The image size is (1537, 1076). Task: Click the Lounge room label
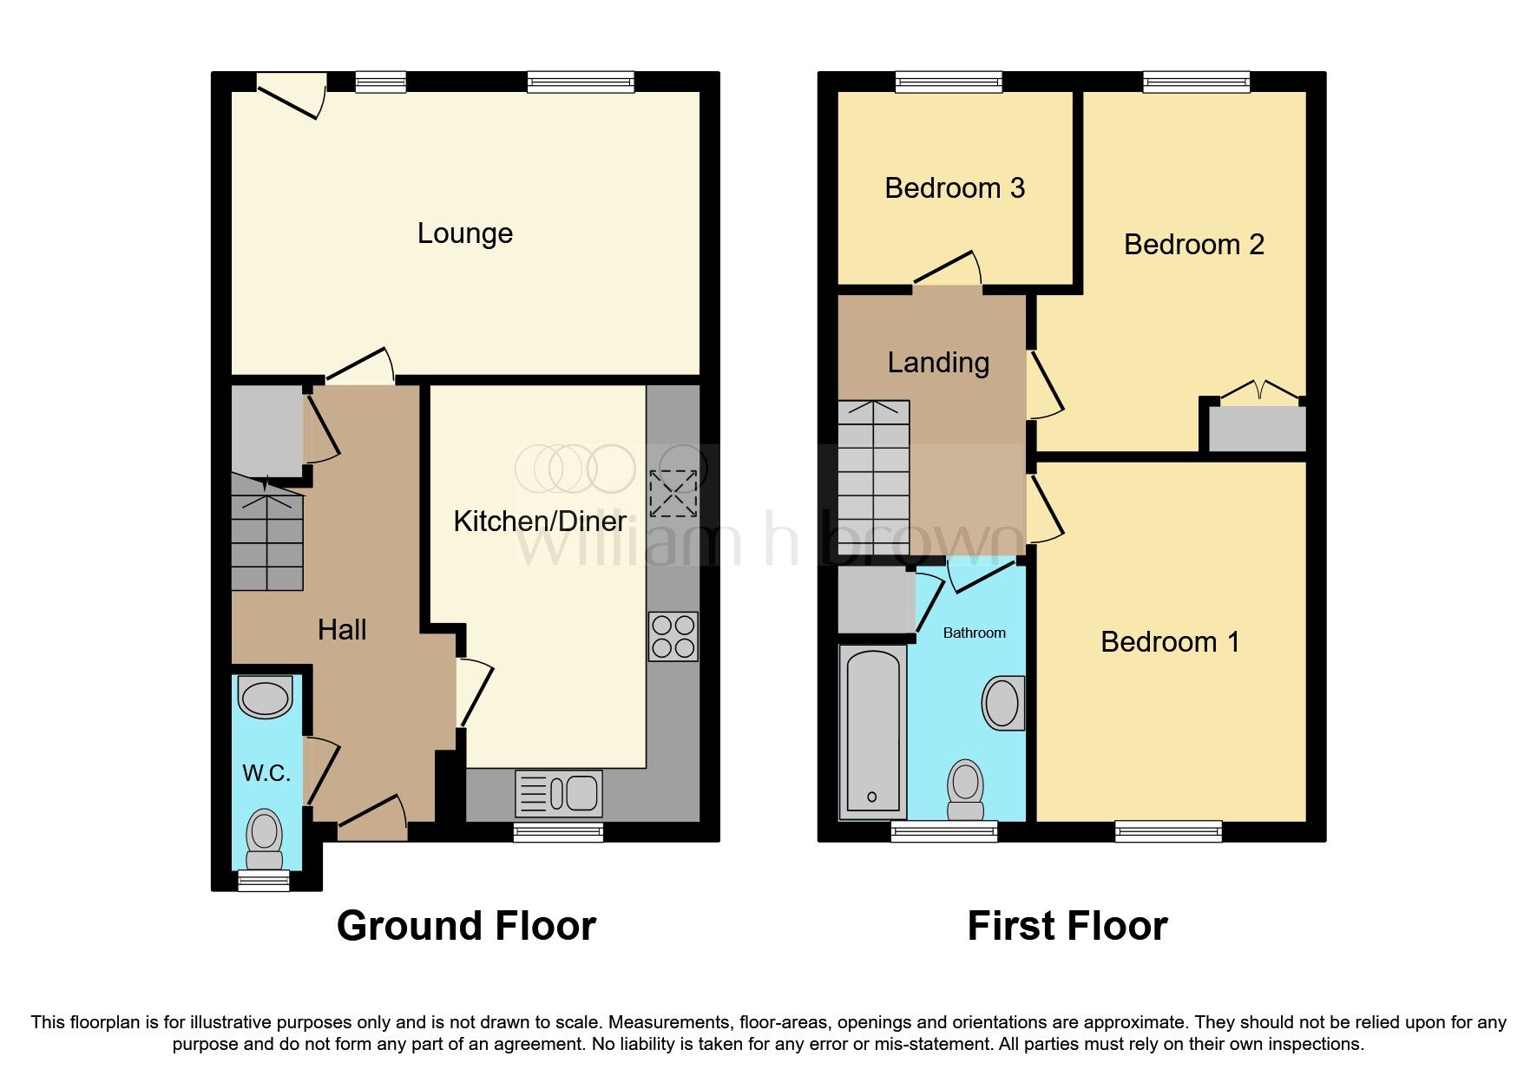(465, 233)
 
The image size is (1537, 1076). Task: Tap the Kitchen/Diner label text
(539, 522)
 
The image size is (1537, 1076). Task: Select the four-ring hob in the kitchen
(673, 637)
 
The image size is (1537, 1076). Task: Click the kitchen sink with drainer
(558, 793)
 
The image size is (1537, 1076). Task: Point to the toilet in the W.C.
(264, 838)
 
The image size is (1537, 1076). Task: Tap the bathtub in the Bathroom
(872, 732)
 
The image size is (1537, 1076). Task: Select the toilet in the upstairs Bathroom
(965, 789)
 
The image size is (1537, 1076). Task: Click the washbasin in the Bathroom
(1002, 703)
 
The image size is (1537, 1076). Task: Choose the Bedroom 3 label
(955, 188)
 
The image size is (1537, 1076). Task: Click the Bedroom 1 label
(1170, 642)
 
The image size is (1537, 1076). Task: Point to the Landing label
(938, 363)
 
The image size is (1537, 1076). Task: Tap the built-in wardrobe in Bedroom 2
(1257, 430)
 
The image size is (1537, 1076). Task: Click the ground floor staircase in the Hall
(267, 538)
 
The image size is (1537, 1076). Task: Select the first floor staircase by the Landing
(873, 477)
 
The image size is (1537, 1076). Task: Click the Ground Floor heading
(466, 926)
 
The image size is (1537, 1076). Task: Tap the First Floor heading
(1067, 926)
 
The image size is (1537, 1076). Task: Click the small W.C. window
(264, 881)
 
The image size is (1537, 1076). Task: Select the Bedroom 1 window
(1168, 831)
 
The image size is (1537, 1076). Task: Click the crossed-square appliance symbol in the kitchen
(673, 494)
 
